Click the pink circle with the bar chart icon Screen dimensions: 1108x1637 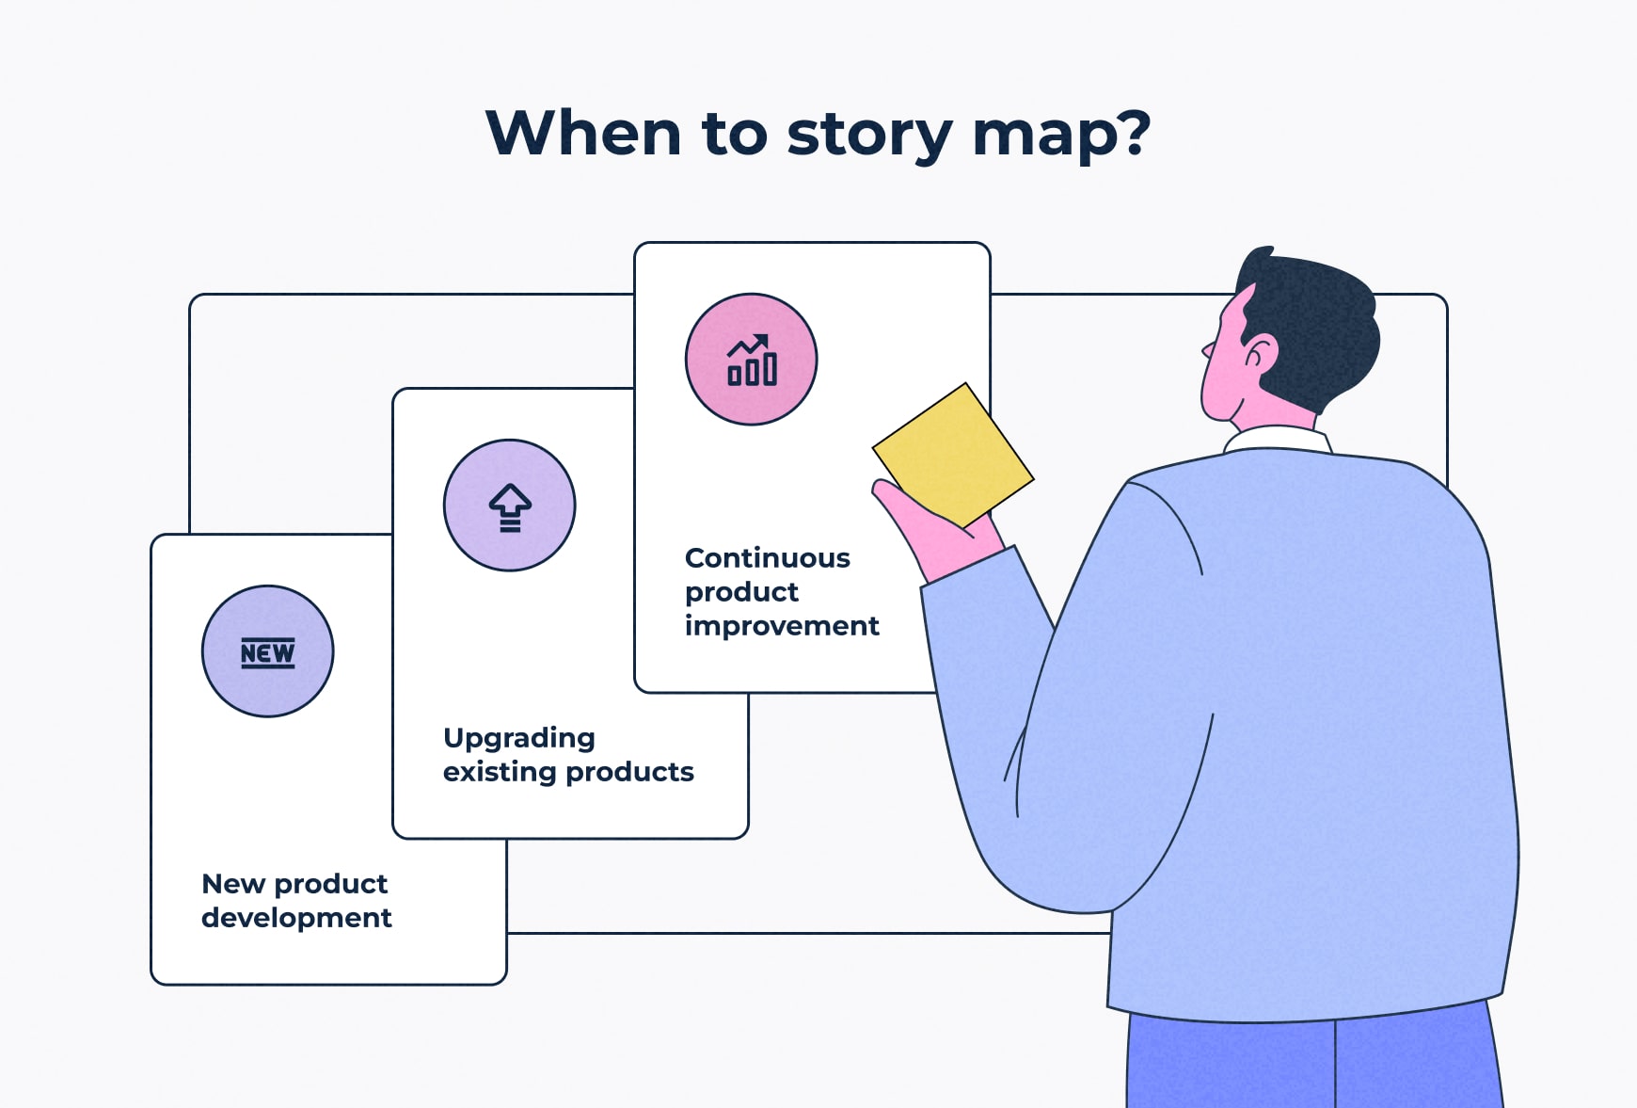point(751,360)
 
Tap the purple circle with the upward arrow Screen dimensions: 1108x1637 point(509,506)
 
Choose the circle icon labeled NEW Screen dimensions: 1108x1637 point(268,651)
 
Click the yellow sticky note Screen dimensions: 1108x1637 point(953,455)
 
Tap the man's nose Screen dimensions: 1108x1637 point(1207,350)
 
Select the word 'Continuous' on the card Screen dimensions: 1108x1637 point(767,558)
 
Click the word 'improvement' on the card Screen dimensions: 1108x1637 point(782,626)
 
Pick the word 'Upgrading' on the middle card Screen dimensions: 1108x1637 point(518,739)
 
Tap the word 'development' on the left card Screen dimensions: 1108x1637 point(296,918)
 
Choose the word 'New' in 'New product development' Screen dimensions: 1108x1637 point(232,884)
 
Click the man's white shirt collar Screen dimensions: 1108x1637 point(1276,439)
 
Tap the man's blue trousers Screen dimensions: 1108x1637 point(1308,1064)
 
